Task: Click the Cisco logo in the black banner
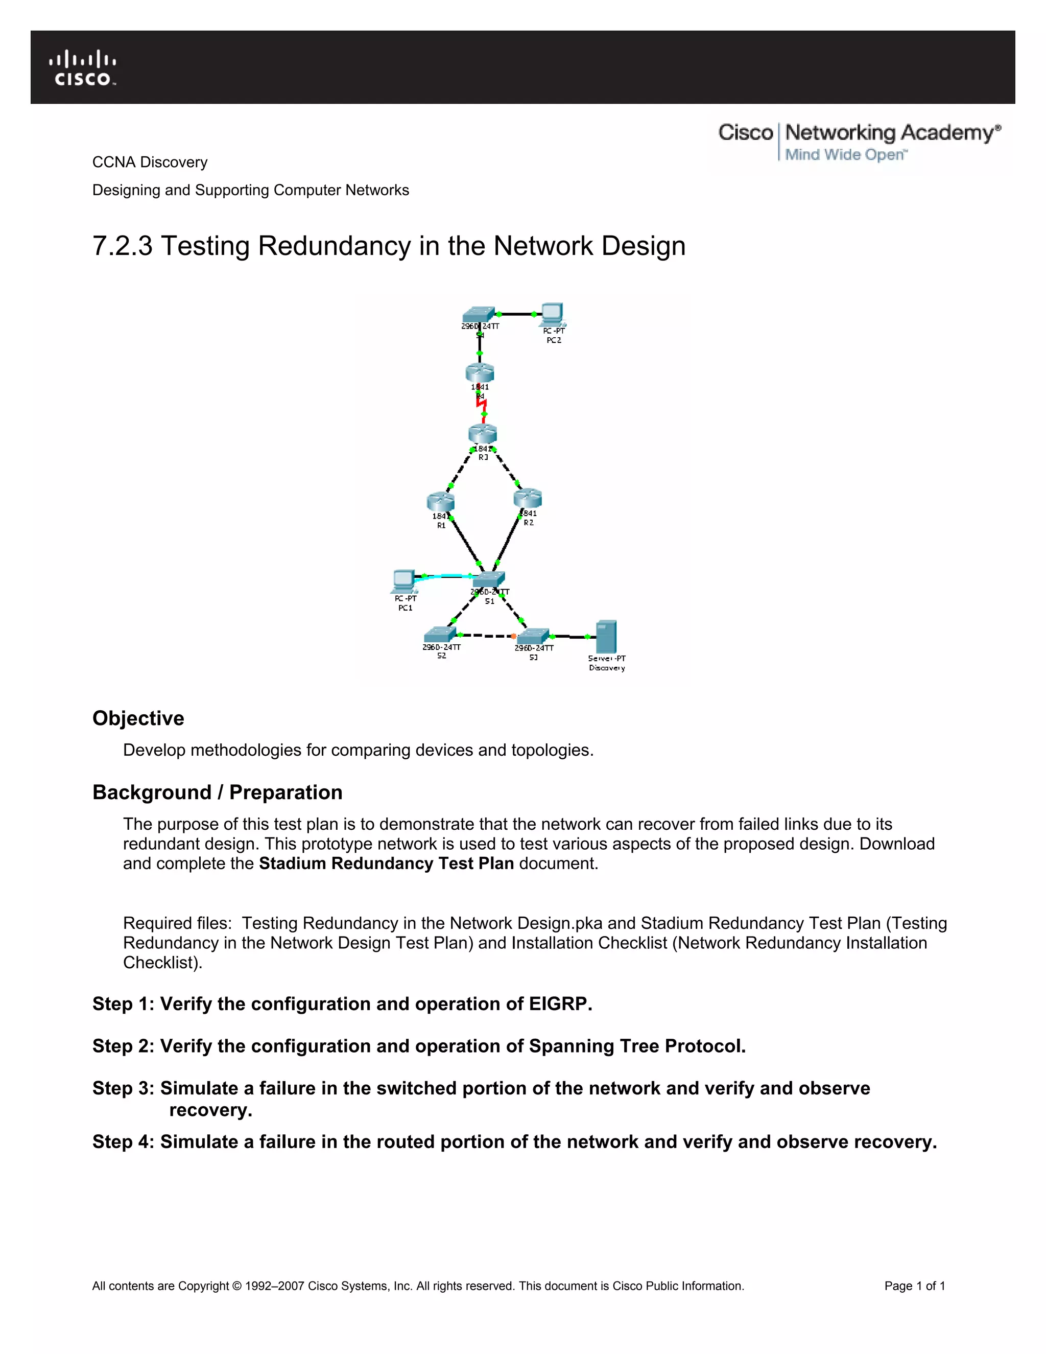click(x=82, y=67)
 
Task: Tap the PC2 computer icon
click(x=552, y=314)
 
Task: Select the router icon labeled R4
click(x=480, y=372)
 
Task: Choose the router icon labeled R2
click(x=528, y=498)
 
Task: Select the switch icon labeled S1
click(x=489, y=579)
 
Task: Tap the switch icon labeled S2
click(x=439, y=634)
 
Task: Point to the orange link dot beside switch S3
click(x=513, y=636)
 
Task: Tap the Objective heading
click(x=138, y=718)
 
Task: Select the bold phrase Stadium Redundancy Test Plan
click(x=386, y=863)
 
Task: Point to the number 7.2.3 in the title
click(x=122, y=246)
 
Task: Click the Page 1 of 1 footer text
click(x=914, y=1286)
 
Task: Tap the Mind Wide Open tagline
click(x=845, y=154)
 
